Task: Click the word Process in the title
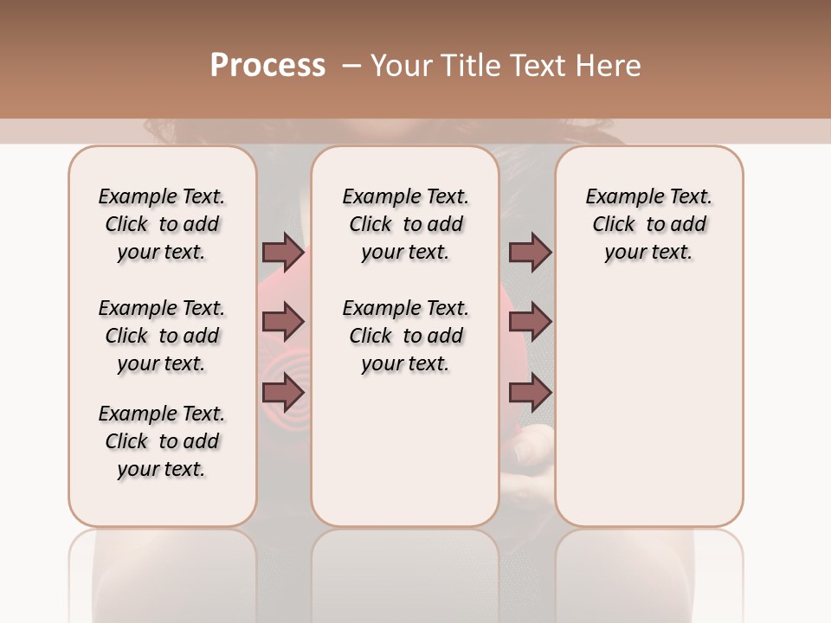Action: click(267, 66)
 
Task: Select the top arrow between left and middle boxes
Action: click(283, 253)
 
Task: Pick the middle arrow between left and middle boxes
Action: click(283, 323)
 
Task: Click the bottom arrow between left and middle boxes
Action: click(283, 393)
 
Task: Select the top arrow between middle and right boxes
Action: click(530, 253)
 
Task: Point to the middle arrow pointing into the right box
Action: click(530, 323)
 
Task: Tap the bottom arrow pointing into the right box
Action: click(530, 393)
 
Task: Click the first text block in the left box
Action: click(162, 224)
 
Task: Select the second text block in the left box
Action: click(162, 336)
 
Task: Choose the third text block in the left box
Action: click(162, 441)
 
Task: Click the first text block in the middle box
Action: click(405, 224)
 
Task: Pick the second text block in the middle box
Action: click(405, 336)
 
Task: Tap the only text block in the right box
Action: click(648, 224)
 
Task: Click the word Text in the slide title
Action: click(540, 66)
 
